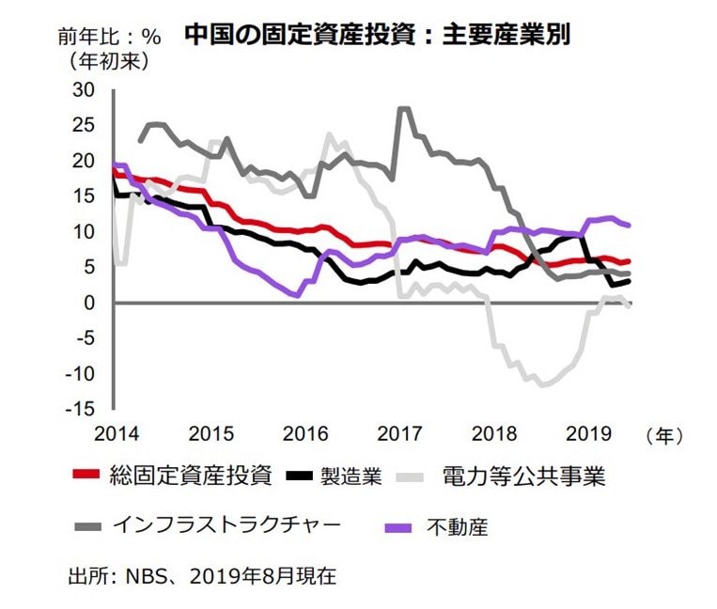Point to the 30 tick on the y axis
(x=84, y=90)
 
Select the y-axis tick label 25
(x=84, y=126)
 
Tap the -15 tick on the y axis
(x=80, y=409)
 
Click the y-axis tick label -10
(x=80, y=373)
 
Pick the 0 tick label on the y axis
(x=89, y=303)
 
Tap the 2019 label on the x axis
(x=589, y=434)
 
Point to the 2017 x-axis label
(x=399, y=434)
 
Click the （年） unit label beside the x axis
(x=664, y=435)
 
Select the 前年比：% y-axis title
(x=109, y=38)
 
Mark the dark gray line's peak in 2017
(x=404, y=108)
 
